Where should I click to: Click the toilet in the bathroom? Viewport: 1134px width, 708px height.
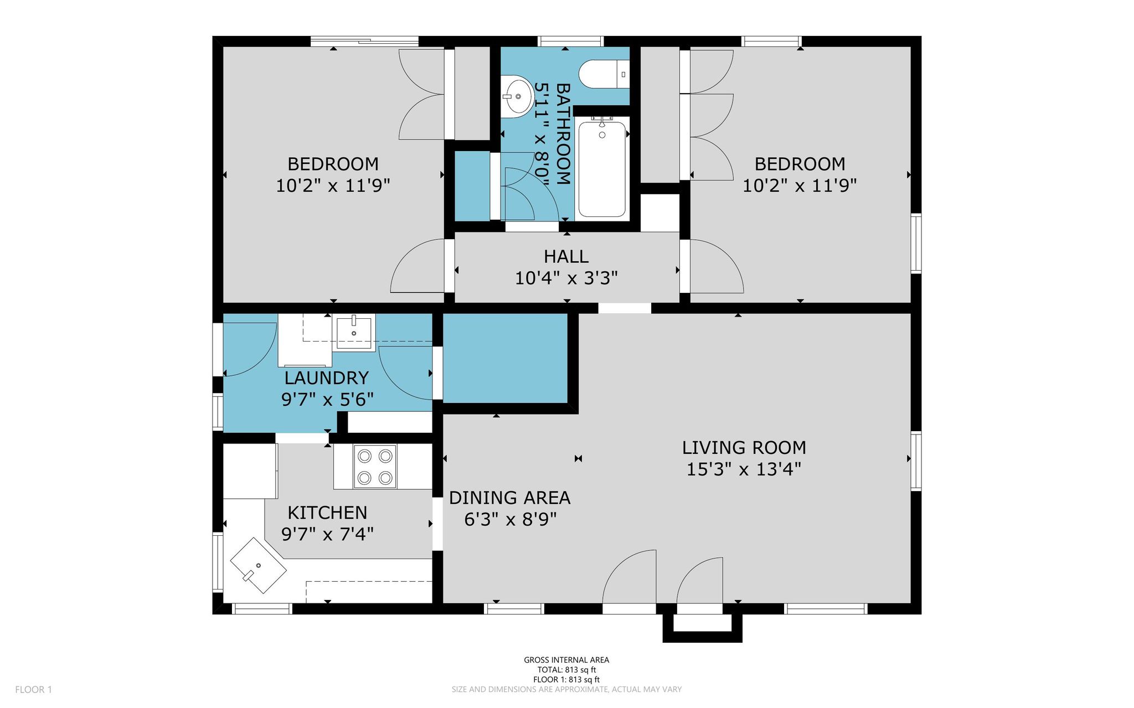coord(604,74)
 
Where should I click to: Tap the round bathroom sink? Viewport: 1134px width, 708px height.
coord(516,96)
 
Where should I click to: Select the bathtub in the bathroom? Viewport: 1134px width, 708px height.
coord(602,167)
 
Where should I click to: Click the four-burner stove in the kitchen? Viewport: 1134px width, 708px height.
coord(375,467)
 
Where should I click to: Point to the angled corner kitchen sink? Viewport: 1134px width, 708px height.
coord(259,565)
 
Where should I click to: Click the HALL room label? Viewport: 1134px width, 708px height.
coord(566,256)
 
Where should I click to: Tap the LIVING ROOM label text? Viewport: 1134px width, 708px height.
coord(744,447)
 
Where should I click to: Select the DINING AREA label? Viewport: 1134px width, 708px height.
coord(509,498)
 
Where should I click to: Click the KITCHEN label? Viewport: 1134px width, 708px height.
coord(327,513)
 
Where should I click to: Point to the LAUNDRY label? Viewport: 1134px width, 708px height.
coord(327,378)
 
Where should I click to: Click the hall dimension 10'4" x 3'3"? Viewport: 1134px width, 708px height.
coord(566,278)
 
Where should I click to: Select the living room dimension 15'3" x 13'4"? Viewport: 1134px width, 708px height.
coord(744,469)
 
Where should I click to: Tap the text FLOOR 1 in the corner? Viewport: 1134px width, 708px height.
coord(33,690)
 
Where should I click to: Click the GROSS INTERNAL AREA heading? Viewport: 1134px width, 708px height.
coord(566,660)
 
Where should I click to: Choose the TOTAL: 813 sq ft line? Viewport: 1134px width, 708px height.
coord(566,670)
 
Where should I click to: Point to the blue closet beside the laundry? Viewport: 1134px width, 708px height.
coord(506,358)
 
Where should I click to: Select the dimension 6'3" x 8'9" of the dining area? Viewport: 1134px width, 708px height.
coord(509,520)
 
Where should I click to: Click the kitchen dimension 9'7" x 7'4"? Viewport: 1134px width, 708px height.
coord(327,534)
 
